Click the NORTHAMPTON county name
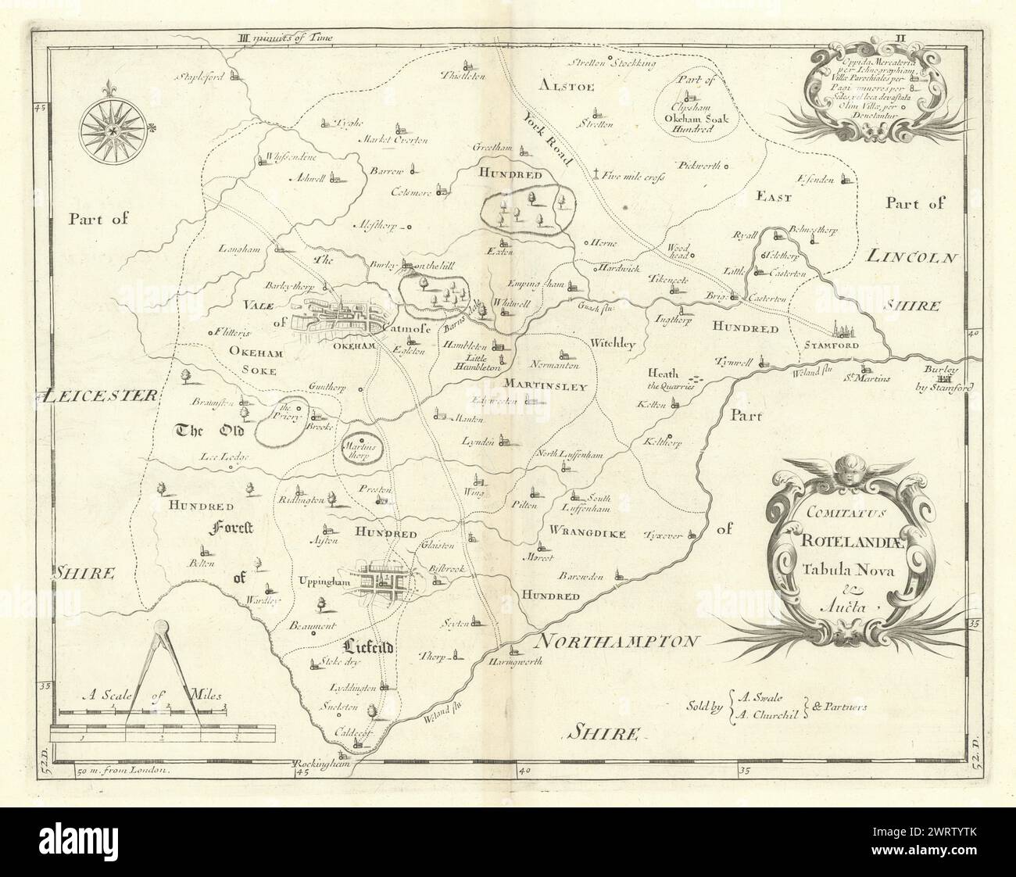(617, 641)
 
